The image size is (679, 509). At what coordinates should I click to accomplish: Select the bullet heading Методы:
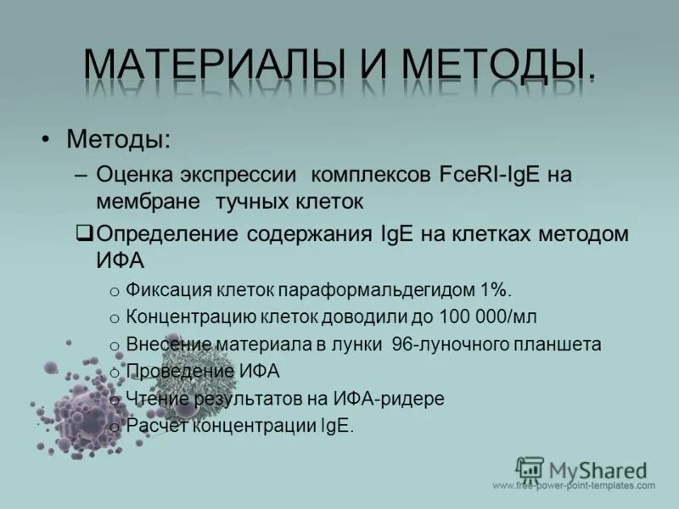(118, 137)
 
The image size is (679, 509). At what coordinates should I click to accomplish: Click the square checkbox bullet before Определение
(84, 232)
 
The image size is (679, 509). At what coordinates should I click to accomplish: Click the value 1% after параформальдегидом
(495, 290)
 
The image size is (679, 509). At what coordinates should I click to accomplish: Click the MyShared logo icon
(530, 469)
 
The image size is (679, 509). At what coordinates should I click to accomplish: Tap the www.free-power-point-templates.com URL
(574, 486)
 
